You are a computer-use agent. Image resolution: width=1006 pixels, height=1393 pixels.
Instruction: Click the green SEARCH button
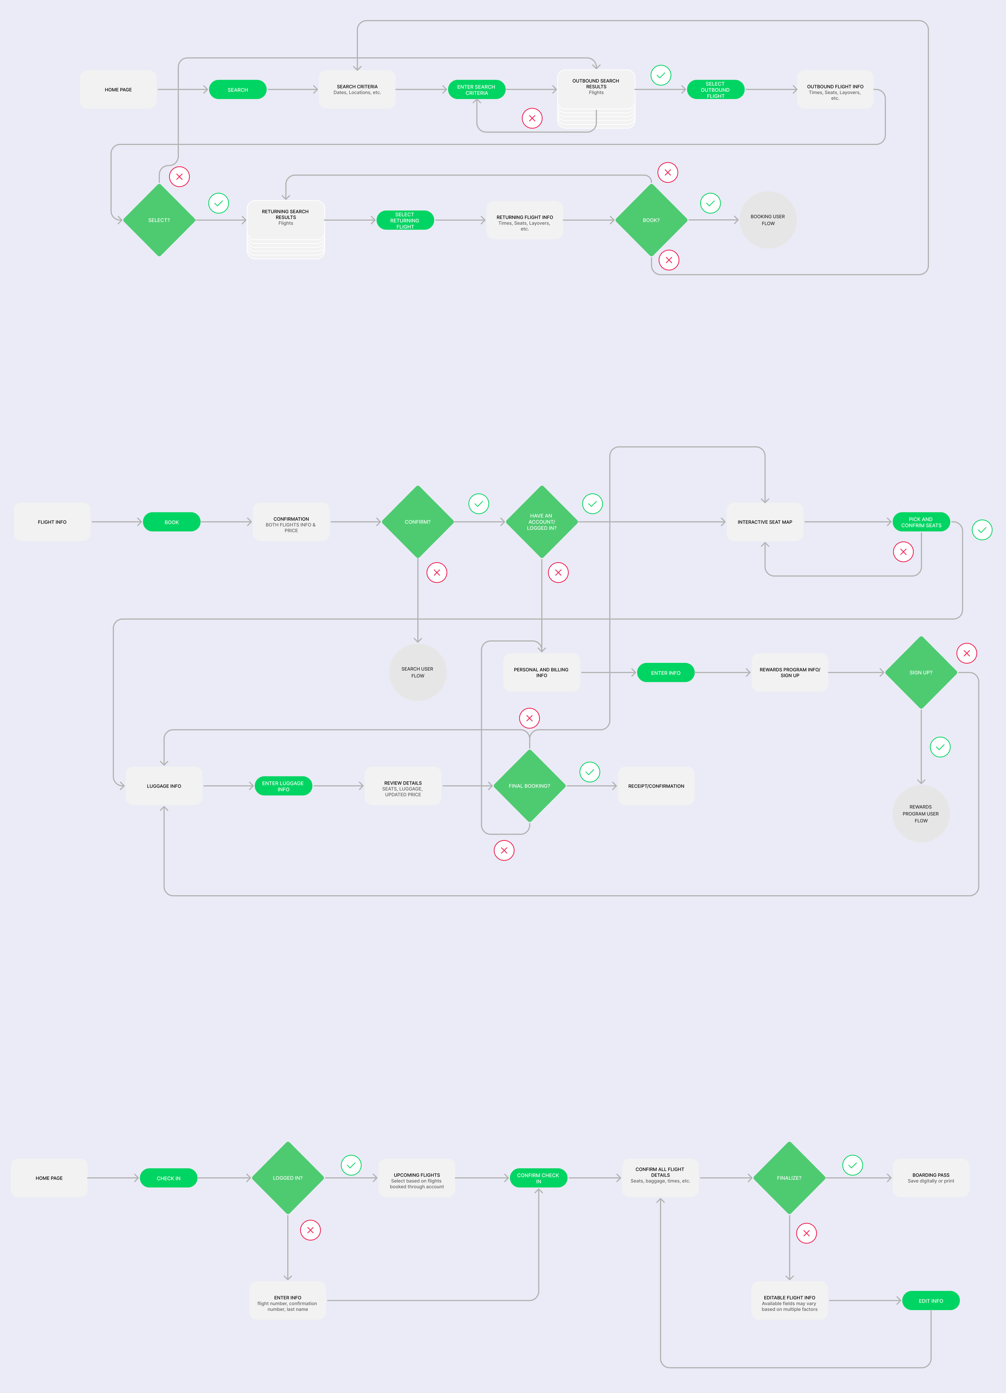click(238, 90)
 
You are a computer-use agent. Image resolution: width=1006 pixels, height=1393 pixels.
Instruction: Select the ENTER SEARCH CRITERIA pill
click(476, 90)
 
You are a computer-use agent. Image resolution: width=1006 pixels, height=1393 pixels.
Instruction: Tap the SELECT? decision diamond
click(159, 220)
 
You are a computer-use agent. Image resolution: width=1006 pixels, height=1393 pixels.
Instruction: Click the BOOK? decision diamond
click(651, 220)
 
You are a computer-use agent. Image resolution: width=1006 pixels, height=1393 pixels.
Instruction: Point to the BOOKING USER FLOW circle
click(768, 220)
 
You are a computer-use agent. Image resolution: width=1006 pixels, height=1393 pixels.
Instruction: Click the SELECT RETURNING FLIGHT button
click(405, 220)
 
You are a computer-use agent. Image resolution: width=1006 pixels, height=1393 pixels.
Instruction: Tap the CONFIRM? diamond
click(418, 522)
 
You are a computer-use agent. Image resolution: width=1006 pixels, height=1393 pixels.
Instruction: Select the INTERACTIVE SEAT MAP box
click(765, 522)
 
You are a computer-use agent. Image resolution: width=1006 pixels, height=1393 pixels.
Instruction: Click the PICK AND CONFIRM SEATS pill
click(921, 522)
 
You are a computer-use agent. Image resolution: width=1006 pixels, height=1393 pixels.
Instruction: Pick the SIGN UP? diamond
click(921, 673)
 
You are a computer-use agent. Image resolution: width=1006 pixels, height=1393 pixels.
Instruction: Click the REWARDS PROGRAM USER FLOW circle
click(921, 814)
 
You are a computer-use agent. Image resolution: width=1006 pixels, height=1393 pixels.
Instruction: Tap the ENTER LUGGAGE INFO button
click(283, 786)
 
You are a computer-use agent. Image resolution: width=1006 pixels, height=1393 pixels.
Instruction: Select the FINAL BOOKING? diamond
click(530, 786)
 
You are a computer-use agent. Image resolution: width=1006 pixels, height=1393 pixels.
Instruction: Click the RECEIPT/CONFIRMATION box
click(656, 786)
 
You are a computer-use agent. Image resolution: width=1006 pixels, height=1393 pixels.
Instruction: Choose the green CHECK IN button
click(168, 1178)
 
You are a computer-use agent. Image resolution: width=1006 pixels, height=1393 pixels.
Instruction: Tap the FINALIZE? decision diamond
click(789, 1178)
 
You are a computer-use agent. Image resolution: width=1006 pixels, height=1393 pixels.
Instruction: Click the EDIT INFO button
click(930, 1301)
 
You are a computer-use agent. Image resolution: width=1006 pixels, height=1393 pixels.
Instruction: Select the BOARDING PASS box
click(930, 1178)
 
